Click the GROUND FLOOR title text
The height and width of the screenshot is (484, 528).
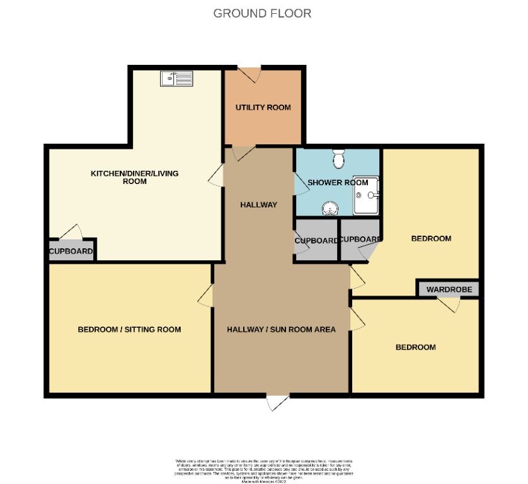coord(262,13)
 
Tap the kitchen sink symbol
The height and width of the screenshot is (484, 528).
coord(176,78)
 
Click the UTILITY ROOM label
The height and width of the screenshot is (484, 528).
coord(263,108)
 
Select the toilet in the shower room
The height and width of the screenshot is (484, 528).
coord(339,158)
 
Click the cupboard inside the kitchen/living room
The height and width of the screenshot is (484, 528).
coord(71,252)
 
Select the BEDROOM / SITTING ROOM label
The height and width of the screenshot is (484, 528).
coord(129,330)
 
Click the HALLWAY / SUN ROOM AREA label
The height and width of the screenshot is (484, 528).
coord(281,330)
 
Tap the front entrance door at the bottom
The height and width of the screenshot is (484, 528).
coord(277,402)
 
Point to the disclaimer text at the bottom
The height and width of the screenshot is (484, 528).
coord(263,470)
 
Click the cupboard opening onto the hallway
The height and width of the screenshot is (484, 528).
coord(316,241)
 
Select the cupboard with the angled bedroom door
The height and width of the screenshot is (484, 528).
coord(360,241)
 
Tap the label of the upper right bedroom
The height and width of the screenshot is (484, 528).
coord(431,239)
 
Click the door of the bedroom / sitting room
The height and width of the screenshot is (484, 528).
coord(205,295)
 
